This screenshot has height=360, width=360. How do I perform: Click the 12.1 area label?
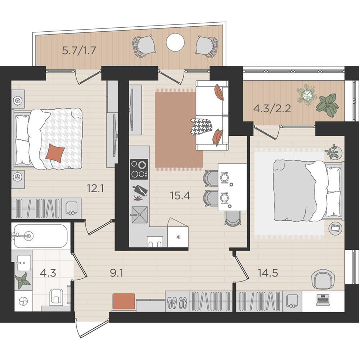(95, 188)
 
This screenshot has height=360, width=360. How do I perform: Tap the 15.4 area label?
(180, 195)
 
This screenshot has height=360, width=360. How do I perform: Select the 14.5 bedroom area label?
(268, 273)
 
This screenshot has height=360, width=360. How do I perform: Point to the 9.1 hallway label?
(116, 273)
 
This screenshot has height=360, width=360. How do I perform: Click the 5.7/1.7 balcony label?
(79, 50)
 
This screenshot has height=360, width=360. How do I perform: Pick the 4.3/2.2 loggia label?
(272, 108)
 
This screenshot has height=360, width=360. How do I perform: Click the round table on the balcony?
(175, 42)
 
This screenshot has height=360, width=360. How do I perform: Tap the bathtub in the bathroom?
(40, 236)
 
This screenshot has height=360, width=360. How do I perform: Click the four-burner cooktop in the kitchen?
(139, 169)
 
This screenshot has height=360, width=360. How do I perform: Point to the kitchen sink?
(139, 215)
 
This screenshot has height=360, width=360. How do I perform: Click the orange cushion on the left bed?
(55, 153)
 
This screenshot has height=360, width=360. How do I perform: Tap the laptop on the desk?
(323, 300)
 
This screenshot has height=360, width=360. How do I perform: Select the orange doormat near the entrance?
(124, 301)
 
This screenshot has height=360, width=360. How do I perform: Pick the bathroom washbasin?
(24, 263)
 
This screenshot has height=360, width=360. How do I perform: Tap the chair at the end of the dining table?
(233, 219)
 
